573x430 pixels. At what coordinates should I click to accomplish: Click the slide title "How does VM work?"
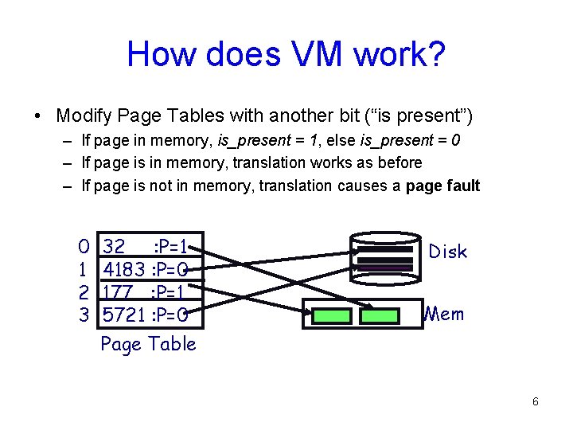point(286,54)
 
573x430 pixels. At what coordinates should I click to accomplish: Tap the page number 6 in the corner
point(536,401)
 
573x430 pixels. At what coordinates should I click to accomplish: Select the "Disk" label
point(447,252)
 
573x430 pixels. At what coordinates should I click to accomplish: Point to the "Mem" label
point(444,314)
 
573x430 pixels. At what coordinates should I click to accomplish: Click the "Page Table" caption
point(148,344)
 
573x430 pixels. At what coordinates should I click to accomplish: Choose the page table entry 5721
point(123,316)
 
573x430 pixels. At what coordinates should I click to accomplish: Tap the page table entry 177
point(118,292)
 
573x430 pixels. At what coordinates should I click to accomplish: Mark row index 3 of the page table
point(84,316)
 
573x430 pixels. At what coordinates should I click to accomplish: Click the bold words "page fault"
point(442,186)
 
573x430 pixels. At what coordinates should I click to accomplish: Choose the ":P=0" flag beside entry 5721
point(169,316)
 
